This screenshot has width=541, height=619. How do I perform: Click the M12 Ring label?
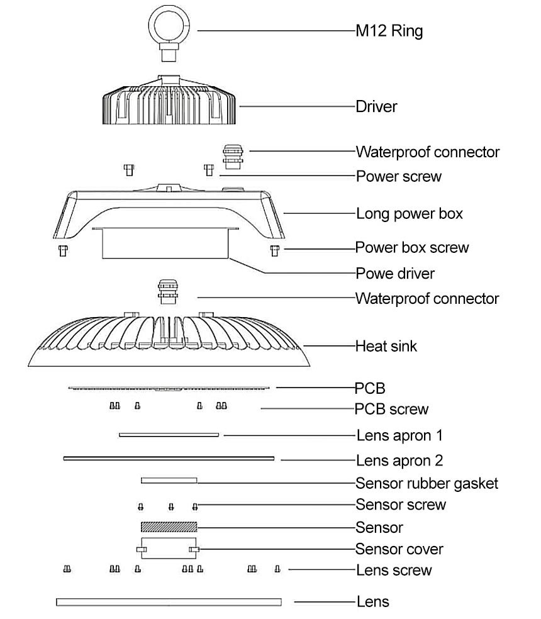pos(389,30)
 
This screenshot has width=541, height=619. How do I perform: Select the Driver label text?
pos(376,106)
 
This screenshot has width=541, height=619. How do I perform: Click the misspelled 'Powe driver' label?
pos(395,274)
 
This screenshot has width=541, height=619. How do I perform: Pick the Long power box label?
pos(410,213)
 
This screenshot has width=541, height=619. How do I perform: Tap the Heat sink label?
pos(386,346)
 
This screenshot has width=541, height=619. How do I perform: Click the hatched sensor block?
pos(169,527)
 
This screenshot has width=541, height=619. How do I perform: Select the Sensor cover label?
pos(399,549)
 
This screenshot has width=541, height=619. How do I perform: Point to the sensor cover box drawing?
pos(169,548)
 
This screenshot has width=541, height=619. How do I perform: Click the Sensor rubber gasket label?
pos(427,483)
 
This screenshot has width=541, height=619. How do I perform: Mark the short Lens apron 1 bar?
pos(169,435)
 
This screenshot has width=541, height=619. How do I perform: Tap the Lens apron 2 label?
pos(399,460)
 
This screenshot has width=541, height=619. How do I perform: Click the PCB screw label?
pos(392,410)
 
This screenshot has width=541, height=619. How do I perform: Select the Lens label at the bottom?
pos(373,602)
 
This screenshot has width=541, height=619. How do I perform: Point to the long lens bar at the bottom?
pos(169,602)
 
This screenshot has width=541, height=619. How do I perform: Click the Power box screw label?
pos(412,247)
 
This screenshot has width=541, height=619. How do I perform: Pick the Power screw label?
pos(399,176)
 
